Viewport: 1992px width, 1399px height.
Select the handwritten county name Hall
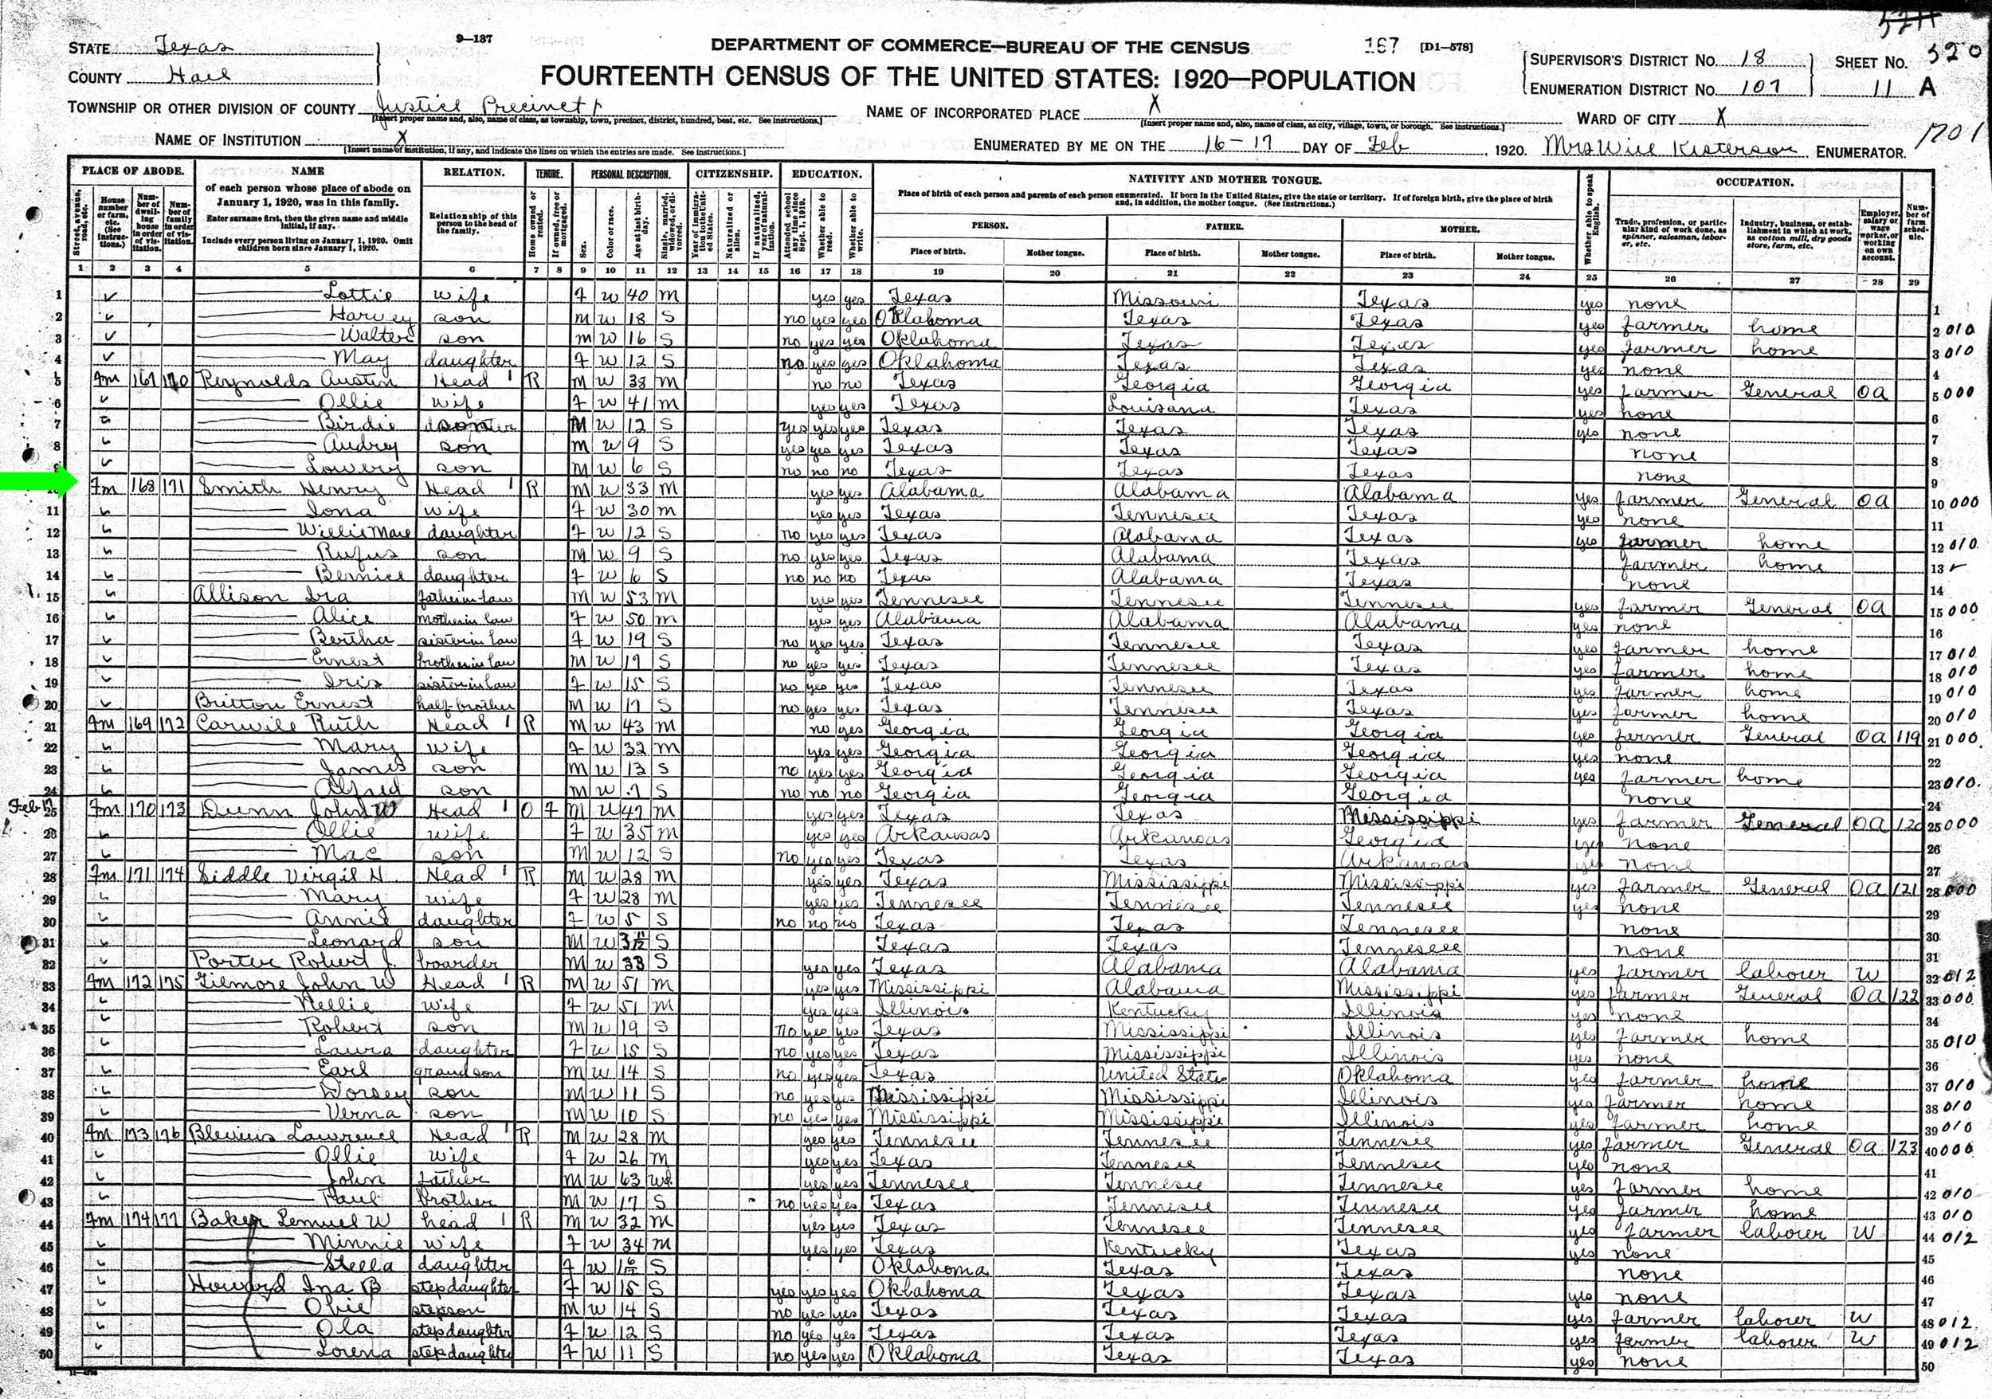pyautogui.click(x=199, y=76)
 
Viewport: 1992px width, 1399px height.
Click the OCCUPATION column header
pyautogui.click(x=1755, y=182)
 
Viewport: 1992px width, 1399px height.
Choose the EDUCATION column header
pyautogui.click(x=827, y=174)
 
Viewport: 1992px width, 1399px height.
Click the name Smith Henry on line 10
pyautogui.click(x=291, y=488)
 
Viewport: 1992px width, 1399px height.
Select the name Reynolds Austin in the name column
pyautogui.click(x=295, y=381)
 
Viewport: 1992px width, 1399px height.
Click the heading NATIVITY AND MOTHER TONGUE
pyautogui.click(x=1224, y=179)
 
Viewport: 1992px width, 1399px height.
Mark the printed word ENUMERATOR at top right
pyautogui.click(x=1860, y=153)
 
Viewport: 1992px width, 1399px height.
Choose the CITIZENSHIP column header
pyautogui.click(x=733, y=174)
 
